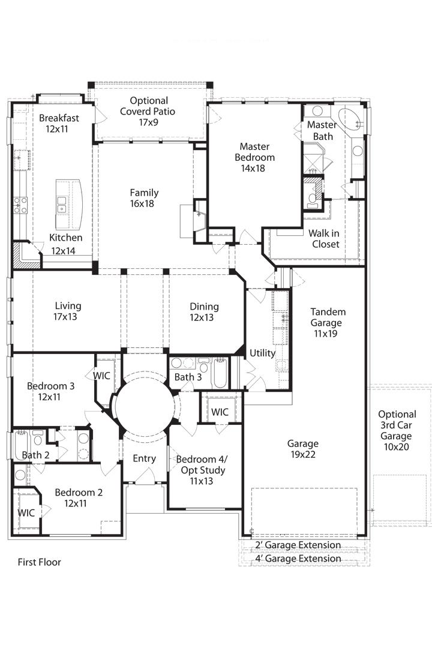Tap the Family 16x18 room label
pos(144,198)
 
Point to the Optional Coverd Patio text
pos(148,111)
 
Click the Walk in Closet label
pos(325,238)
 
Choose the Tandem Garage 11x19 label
pos(328,322)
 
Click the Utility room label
pos(262,353)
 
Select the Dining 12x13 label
pos(204,311)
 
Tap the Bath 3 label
pos(188,377)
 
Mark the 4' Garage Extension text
pos(298,559)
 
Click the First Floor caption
pos(39,562)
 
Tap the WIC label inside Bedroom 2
pos(26,513)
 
